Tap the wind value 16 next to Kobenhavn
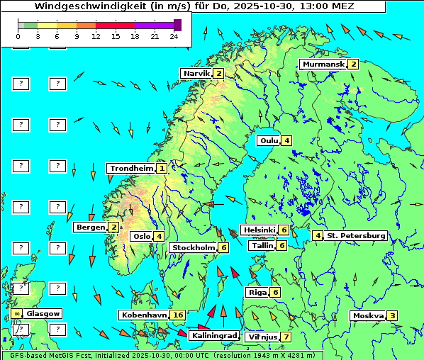178,315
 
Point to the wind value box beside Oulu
286,140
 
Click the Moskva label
367,316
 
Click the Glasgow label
44,313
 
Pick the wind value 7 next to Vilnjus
285,337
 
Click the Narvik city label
196,74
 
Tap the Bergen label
90,227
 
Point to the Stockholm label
193,247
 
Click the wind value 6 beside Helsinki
283,230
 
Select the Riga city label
256,292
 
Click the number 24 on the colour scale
174,36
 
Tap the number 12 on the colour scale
95,36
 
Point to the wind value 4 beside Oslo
159,237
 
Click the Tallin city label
262,245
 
